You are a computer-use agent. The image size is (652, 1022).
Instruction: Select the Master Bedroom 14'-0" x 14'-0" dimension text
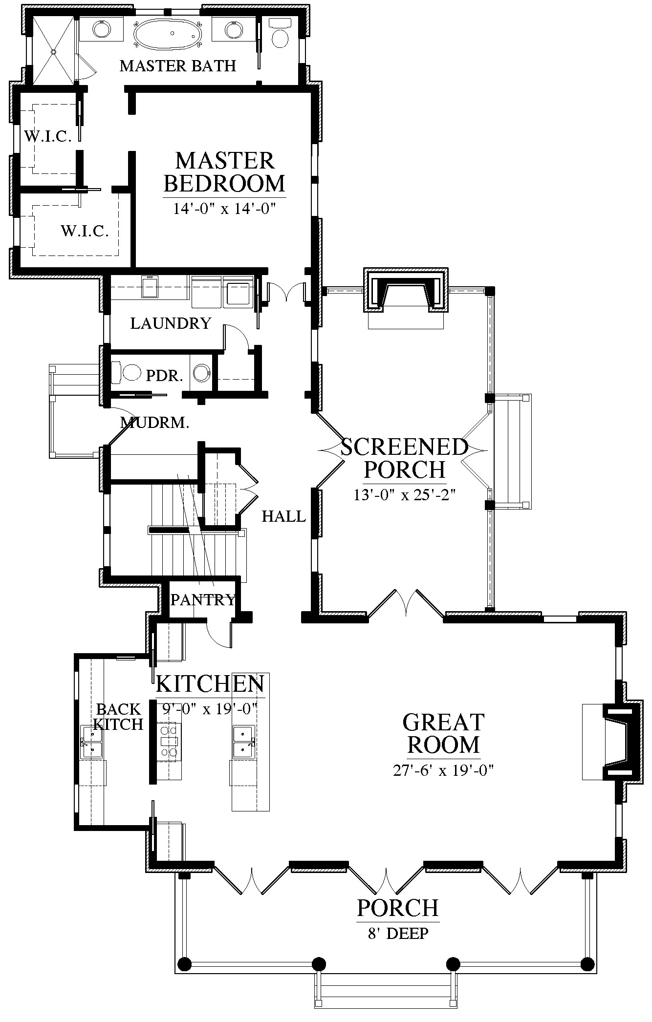pyautogui.click(x=225, y=209)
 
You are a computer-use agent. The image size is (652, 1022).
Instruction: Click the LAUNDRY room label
pyautogui.click(x=171, y=323)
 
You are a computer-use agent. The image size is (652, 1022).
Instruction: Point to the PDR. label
pyautogui.click(x=165, y=376)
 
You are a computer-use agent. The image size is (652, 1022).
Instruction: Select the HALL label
pyautogui.click(x=284, y=516)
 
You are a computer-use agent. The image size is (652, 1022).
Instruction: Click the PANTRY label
pyautogui.click(x=203, y=599)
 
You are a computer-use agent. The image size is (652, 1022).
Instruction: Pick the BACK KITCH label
pyautogui.click(x=118, y=716)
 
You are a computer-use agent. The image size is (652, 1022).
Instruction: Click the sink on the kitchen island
pyautogui.click(x=244, y=742)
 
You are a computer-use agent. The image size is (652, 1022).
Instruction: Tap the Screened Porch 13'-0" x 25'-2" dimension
pyautogui.click(x=405, y=494)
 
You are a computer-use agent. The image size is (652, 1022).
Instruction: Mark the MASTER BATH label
pyautogui.click(x=178, y=65)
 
